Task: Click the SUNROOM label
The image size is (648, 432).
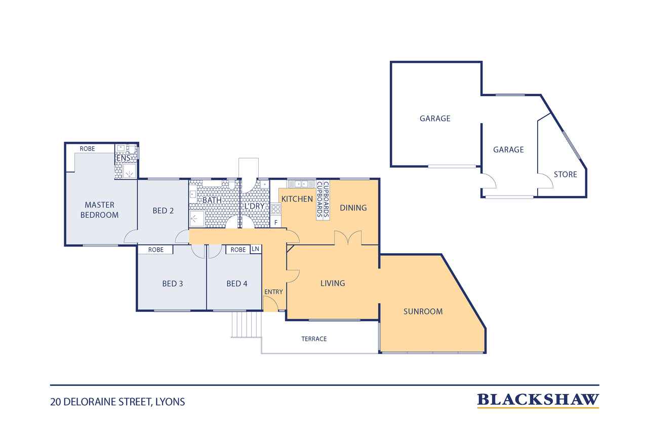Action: pyautogui.click(x=423, y=311)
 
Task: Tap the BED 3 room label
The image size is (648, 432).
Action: pyautogui.click(x=173, y=284)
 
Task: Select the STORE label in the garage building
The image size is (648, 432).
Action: pyautogui.click(x=565, y=175)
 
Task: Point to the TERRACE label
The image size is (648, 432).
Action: pyautogui.click(x=314, y=339)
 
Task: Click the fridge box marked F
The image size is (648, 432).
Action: pyautogui.click(x=276, y=222)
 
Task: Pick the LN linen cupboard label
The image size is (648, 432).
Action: pyautogui.click(x=255, y=249)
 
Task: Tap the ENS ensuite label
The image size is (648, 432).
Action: pyautogui.click(x=123, y=158)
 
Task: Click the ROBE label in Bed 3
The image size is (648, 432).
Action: pyautogui.click(x=155, y=250)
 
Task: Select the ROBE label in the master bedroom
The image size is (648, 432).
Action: pyautogui.click(x=87, y=149)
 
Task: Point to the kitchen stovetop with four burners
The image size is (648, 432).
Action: pyautogui.click(x=276, y=209)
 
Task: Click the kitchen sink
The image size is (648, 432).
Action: pyautogui.click(x=301, y=184)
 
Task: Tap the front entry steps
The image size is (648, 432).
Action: pyautogui.click(x=246, y=324)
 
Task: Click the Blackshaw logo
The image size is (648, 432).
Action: pyautogui.click(x=538, y=401)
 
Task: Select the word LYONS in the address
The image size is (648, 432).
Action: pyautogui.click(x=170, y=402)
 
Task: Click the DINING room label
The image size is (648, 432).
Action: pyautogui.click(x=353, y=208)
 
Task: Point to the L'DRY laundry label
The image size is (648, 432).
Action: pyautogui.click(x=255, y=206)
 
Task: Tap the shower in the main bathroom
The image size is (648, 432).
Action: pyautogui.click(x=197, y=218)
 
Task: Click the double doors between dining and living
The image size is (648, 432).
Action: pyautogui.click(x=348, y=238)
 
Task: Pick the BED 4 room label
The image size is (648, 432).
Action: pyautogui.click(x=236, y=284)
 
